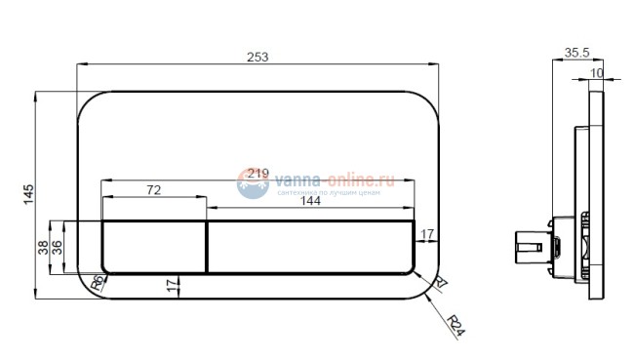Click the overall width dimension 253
tap(258, 58)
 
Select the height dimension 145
tap(28, 195)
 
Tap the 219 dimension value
tap(258, 173)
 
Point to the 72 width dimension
tap(154, 189)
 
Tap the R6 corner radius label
tap(97, 283)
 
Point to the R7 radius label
tap(440, 284)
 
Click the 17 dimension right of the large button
tap(427, 235)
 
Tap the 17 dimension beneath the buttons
tap(174, 285)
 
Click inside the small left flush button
tap(154, 246)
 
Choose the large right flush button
tap(310, 246)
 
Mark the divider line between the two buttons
tap(206, 246)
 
